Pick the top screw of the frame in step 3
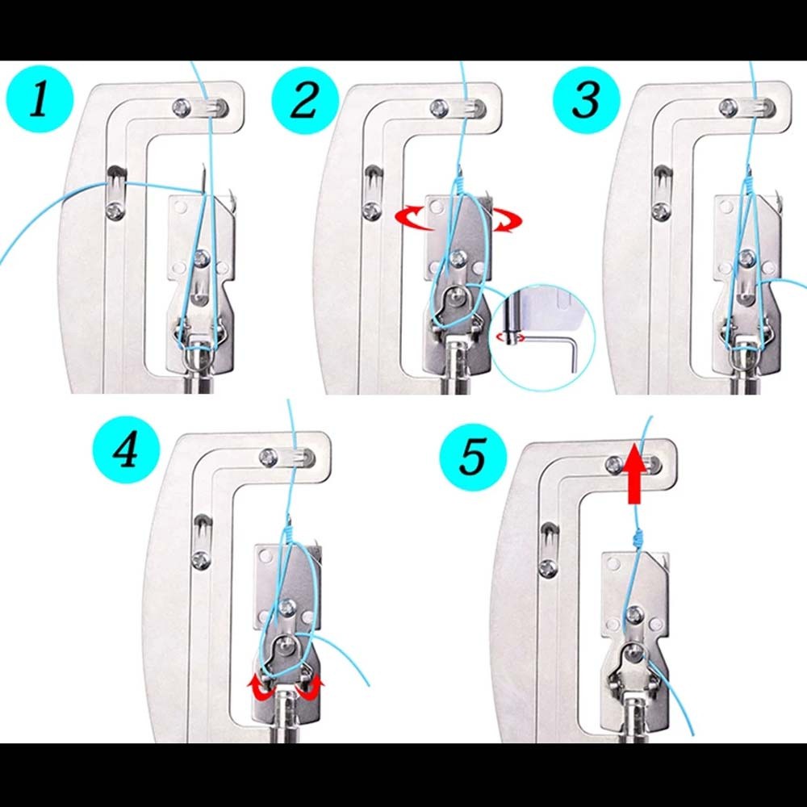click(x=728, y=105)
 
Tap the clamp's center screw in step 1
click(x=201, y=258)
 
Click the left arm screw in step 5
click(x=549, y=567)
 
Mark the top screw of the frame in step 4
click(x=267, y=458)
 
